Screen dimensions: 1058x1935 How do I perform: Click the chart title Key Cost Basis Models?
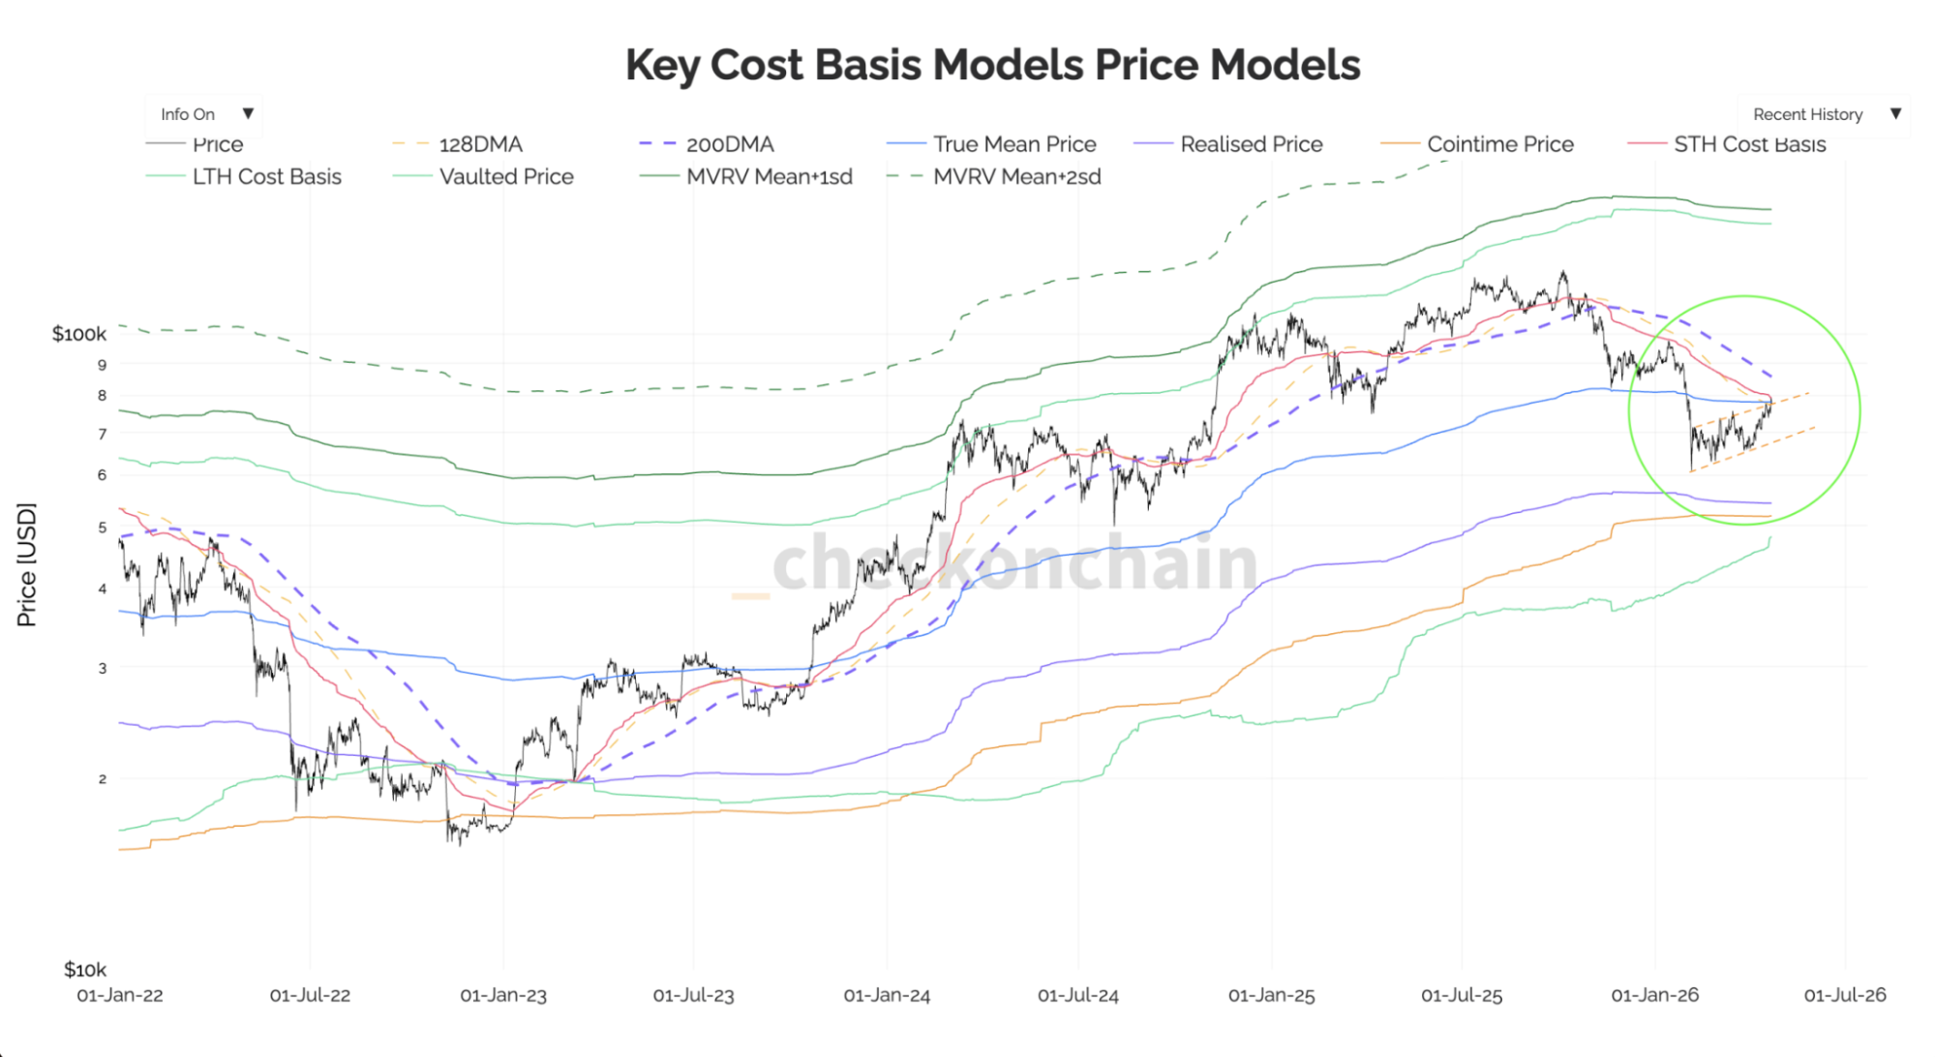(992, 66)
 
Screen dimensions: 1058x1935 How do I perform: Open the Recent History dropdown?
(1824, 114)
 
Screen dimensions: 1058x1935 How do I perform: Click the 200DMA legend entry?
(729, 144)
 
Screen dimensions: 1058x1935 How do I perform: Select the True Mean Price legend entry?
(1013, 144)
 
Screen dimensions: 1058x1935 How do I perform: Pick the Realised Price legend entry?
(1251, 144)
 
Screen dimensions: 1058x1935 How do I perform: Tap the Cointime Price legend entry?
(1499, 144)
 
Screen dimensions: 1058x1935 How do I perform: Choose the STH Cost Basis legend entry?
(1749, 144)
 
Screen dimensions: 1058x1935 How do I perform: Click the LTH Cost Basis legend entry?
(266, 176)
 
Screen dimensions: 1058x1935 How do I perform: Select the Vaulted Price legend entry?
(505, 176)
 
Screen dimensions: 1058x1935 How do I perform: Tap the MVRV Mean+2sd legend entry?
(1016, 176)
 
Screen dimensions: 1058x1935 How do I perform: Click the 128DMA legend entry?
(480, 144)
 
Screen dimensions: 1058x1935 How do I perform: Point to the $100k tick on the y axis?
(79, 334)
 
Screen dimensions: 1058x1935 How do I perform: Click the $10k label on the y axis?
(85, 969)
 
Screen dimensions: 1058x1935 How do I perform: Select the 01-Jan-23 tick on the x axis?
(503, 995)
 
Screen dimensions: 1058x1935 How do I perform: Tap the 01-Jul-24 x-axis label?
(1078, 995)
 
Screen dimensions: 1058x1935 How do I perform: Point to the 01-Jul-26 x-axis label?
(1845, 995)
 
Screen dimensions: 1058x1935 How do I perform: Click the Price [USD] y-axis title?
(27, 564)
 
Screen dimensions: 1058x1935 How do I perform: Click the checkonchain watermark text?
(1013, 563)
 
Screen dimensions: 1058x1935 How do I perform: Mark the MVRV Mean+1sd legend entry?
(769, 176)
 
